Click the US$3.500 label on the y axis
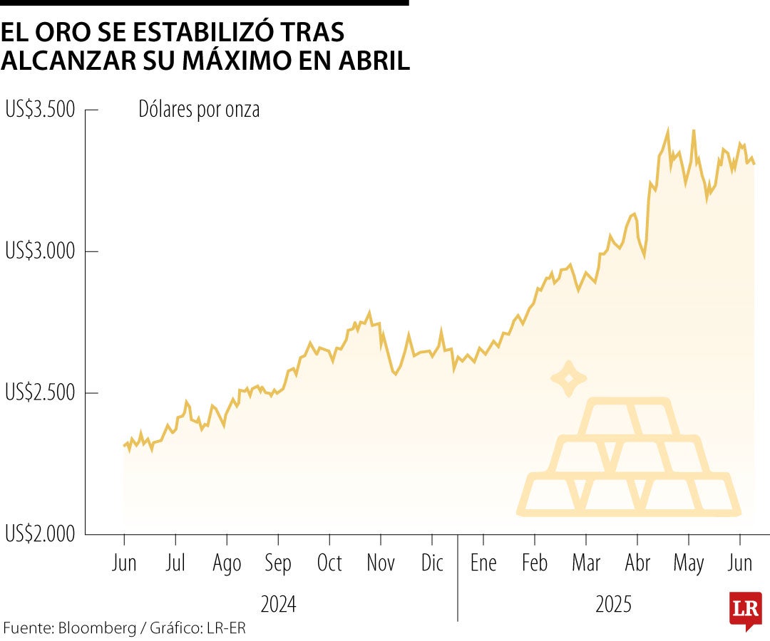tap(39, 110)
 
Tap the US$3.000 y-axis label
tap(39, 251)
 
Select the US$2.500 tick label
tap(39, 392)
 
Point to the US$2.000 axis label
tap(39, 533)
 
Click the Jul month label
tap(175, 563)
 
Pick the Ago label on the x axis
tap(227, 564)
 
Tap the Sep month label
tap(277, 564)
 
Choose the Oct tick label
tap(329, 563)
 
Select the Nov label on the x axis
tap(381, 563)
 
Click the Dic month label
tap(431, 563)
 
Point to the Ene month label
tap(483, 563)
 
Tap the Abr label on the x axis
tap(637, 563)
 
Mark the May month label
tap(689, 564)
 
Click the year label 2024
tap(278, 605)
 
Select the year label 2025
tap(613, 605)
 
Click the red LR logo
tap(745, 609)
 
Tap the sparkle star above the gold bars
tap(568, 378)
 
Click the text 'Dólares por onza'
tap(199, 110)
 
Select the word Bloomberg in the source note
tap(97, 628)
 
